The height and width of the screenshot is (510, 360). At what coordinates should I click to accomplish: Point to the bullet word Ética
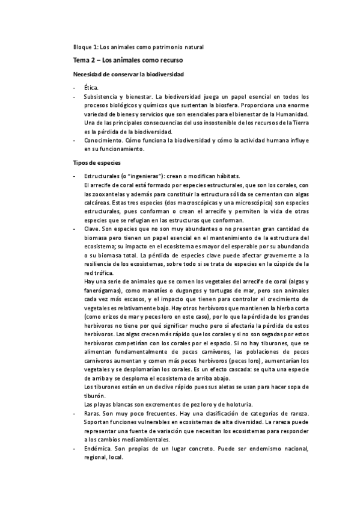(91, 88)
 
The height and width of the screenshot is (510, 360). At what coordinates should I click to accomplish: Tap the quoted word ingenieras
(138, 176)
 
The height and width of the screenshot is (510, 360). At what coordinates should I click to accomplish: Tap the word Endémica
(100, 448)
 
